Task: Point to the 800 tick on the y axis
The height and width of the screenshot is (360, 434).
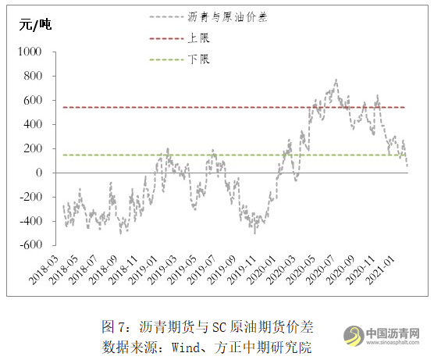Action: point(35,76)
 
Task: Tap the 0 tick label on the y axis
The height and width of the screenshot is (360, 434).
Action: point(41,173)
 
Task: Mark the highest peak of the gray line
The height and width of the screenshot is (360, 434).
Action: point(336,80)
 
